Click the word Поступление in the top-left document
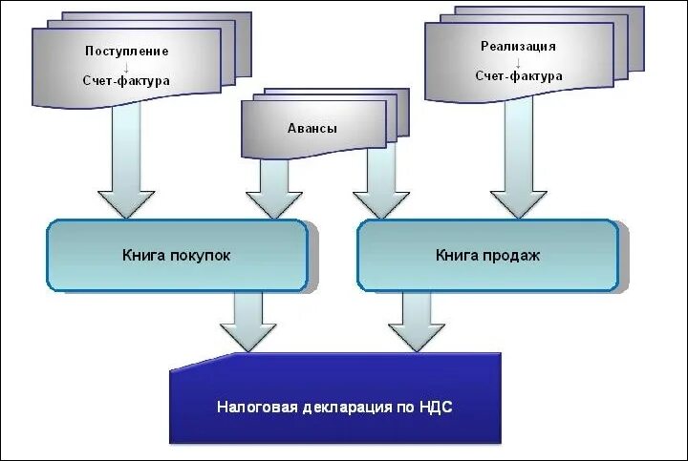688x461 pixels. click(x=126, y=51)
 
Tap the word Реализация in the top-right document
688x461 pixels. click(x=518, y=46)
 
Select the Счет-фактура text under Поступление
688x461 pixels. click(x=126, y=81)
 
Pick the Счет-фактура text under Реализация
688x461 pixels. click(x=518, y=76)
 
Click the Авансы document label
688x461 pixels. click(x=312, y=129)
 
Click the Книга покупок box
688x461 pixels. click(x=177, y=256)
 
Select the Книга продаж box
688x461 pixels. click(x=487, y=256)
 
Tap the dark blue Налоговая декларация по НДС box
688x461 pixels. click(x=334, y=406)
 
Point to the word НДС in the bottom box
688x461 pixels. click(x=436, y=407)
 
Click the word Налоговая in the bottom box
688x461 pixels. click(x=249, y=407)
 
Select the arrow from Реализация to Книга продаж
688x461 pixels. click(x=519, y=162)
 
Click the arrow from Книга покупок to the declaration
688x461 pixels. click(x=248, y=323)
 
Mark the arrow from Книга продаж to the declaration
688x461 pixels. click(x=417, y=323)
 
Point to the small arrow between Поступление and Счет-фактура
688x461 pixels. click(x=126, y=66)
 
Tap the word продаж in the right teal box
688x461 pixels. click(x=516, y=256)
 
